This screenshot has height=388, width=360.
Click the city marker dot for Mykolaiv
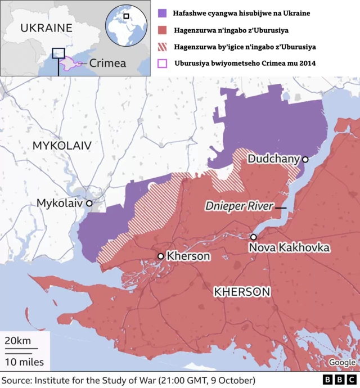(x=89, y=202)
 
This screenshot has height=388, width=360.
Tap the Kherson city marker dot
(x=161, y=256)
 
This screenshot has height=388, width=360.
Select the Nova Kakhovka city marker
(x=254, y=237)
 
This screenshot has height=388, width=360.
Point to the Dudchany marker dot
(x=305, y=160)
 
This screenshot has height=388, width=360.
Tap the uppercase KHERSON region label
(x=242, y=292)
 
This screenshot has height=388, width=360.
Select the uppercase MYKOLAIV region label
(x=62, y=146)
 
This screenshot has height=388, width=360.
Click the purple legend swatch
(x=162, y=12)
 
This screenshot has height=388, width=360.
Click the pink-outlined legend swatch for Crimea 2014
(x=162, y=64)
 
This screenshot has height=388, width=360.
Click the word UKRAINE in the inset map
(x=46, y=28)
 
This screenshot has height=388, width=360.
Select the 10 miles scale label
(x=24, y=361)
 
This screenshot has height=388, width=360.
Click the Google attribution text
(x=342, y=363)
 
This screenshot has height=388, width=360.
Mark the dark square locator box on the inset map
(x=58, y=53)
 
